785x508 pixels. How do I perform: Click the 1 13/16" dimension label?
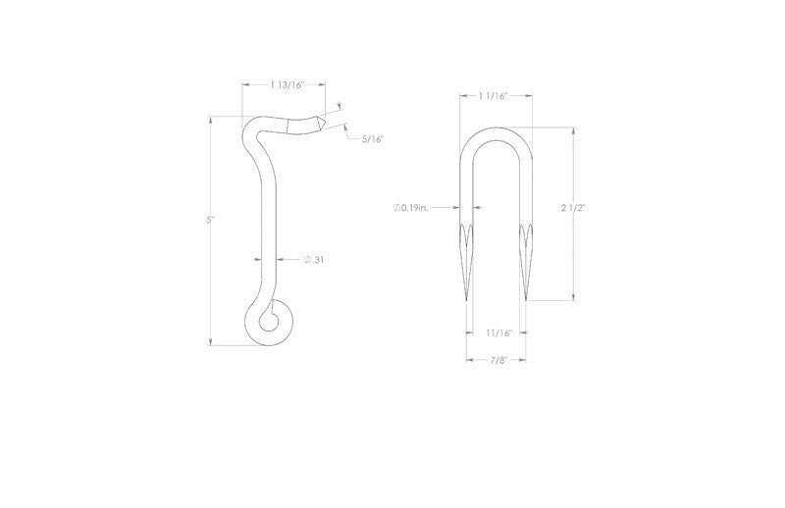click(288, 85)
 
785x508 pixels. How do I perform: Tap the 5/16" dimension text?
click(372, 139)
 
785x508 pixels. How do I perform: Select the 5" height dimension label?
click(210, 221)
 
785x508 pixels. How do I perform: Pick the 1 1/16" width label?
click(497, 96)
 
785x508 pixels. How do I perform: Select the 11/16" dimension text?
click(498, 333)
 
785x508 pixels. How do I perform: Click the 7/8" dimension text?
click(498, 359)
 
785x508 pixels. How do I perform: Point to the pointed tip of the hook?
click(323, 124)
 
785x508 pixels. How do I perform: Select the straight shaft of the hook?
click(266, 226)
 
